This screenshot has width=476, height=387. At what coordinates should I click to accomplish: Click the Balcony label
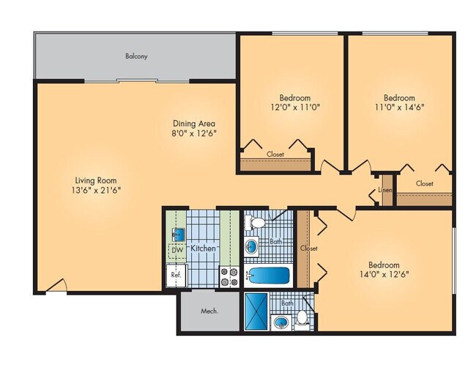coord(136,56)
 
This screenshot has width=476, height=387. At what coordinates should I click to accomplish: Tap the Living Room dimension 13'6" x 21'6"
coord(97,190)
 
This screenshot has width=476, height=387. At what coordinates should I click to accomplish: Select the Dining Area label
coord(193,123)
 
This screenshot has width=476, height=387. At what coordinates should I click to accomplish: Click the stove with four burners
coord(228,276)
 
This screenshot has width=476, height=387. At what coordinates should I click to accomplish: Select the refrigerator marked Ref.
coord(176,275)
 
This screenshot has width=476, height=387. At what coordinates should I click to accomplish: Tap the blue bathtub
coord(268,276)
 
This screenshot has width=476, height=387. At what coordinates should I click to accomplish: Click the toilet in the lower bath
coord(301,319)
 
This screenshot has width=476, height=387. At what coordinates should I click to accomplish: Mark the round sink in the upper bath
coord(252,246)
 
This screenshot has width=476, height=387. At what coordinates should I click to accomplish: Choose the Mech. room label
coord(210,311)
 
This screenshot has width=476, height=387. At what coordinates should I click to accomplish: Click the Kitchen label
coord(203,248)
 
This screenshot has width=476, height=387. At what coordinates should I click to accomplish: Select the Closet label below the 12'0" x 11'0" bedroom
coord(275,155)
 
